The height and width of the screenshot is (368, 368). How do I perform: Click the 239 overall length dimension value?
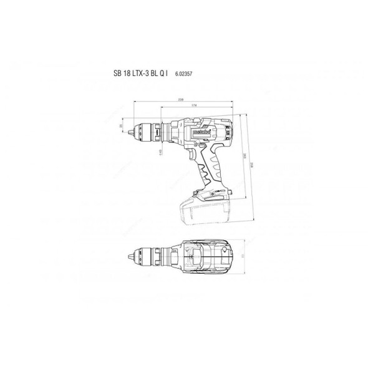[182, 99]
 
